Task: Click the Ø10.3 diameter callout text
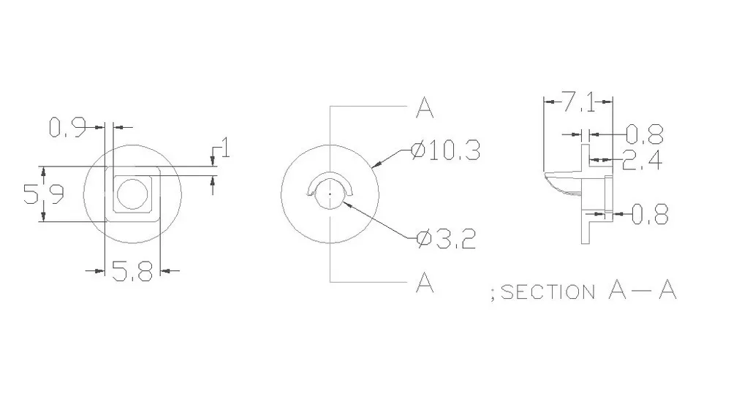(x=445, y=151)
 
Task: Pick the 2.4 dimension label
(x=641, y=159)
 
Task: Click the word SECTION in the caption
(x=547, y=292)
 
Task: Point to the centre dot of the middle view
(x=330, y=194)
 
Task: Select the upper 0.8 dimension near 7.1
(x=644, y=134)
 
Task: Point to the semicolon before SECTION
(x=493, y=293)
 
